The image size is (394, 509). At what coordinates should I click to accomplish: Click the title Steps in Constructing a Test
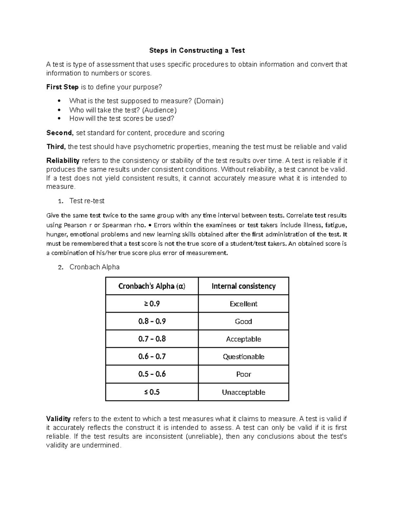tap(197, 50)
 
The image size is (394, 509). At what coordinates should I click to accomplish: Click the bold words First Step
tap(62, 87)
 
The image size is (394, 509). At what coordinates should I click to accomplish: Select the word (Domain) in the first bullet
tap(208, 101)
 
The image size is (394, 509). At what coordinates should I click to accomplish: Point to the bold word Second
tap(59, 133)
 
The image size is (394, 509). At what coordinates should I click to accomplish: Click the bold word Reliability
tap(63, 161)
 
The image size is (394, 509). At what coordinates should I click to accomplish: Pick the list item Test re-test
tap(87, 201)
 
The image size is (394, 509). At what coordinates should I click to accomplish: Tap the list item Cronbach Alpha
tap(94, 267)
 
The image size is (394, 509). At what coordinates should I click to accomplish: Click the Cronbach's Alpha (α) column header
tap(152, 286)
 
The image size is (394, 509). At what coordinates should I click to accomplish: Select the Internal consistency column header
tap(243, 286)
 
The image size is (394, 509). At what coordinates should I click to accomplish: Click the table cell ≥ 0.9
tap(152, 304)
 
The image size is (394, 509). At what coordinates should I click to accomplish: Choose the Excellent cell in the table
tap(243, 304)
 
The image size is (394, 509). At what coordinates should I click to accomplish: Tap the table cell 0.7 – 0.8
tap(152, 339)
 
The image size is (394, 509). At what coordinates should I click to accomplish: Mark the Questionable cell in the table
tap(243, 357)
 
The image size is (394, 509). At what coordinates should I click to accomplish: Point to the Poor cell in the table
tap(243, 374)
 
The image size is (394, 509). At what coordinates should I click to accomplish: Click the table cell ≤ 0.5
tap(152, 392)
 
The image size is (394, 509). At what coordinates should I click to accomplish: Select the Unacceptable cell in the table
tap(243, 392)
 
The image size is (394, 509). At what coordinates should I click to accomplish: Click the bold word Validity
tap(58, 419)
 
